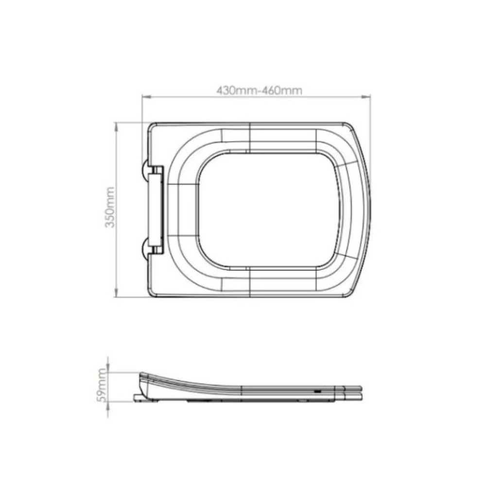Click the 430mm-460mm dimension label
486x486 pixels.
pyautogui.click(x=259, y=90)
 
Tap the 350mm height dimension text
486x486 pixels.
pyautogui.click(x=109, y=207)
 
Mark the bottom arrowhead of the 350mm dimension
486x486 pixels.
pyautogui.click(x=117, y=293)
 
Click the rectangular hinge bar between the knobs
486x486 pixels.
pyautogui.click(x=155, y=209)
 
